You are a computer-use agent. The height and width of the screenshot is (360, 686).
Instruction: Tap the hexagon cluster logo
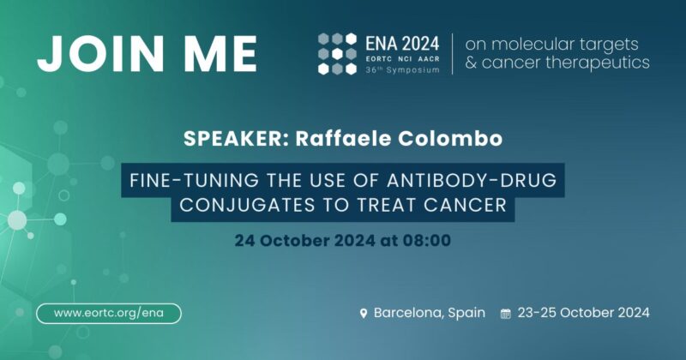click(x=337, y=53)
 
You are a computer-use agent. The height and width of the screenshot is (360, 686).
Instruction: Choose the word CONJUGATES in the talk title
click(x=252, y=207)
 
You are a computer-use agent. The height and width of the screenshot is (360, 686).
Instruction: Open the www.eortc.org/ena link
click(x=108, y=313)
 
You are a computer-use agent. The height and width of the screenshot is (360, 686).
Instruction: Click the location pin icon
click(x=364, y=314)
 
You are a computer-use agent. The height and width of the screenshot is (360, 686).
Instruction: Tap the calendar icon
click(x=505, y=314)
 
